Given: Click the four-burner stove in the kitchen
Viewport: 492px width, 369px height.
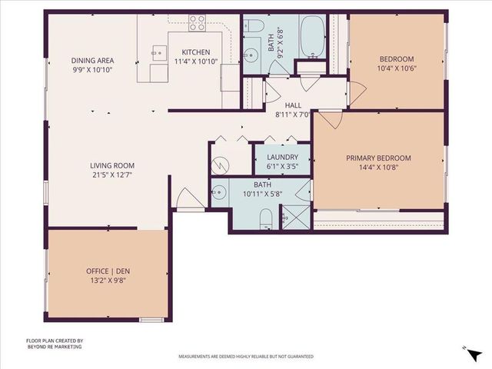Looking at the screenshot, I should pyautogui.click(x=197, y=23).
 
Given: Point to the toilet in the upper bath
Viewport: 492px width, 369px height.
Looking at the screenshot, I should pyautogui.click(x=254, y=29).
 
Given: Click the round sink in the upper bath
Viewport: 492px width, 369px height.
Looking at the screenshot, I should pyautogui.click(x=251, y=56).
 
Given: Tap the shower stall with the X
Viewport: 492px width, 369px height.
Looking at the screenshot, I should pyautogui.click(x=295, y=217).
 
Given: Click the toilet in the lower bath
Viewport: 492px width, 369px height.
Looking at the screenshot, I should pyautogui.click(x=264, y=218).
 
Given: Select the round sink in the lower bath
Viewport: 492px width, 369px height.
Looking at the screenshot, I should pyautogui.click(x=220, y=193).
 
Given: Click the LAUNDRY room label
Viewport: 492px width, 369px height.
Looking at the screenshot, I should pyautogui.click(x=282, y=157).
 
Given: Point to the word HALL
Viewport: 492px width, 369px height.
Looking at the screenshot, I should pyautogui.click(x=292, y=105).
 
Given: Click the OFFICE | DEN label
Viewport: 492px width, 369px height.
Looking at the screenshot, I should pyautogui.click(x=108, y=271).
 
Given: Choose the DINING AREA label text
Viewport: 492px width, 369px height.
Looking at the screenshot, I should pyautogui.click(x=92, y=61).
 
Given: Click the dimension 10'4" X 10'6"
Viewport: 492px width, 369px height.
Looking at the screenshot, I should pyautogui.click(x=397, y=68).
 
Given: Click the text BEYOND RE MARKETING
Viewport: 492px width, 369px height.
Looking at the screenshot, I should pyautogui.click(x=54, y=347).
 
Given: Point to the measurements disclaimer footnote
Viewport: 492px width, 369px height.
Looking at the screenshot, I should pyautogui.click(x=246, y=357).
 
